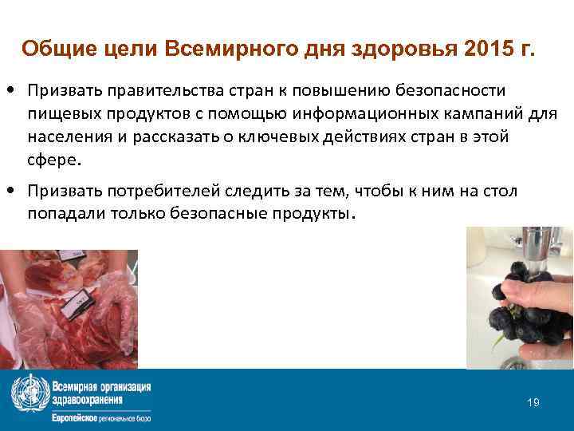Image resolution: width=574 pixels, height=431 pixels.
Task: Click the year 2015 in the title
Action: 480,49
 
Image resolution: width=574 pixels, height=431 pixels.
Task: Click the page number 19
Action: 533,402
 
